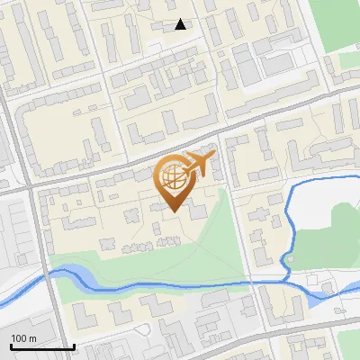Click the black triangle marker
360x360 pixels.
pos(181,24)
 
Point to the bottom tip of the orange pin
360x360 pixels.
pos(171,212)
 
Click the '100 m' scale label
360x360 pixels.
pos(23,337)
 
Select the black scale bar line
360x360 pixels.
pos(41,346)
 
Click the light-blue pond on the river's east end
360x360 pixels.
pos(328,292)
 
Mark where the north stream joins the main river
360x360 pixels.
pos(286,280)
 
